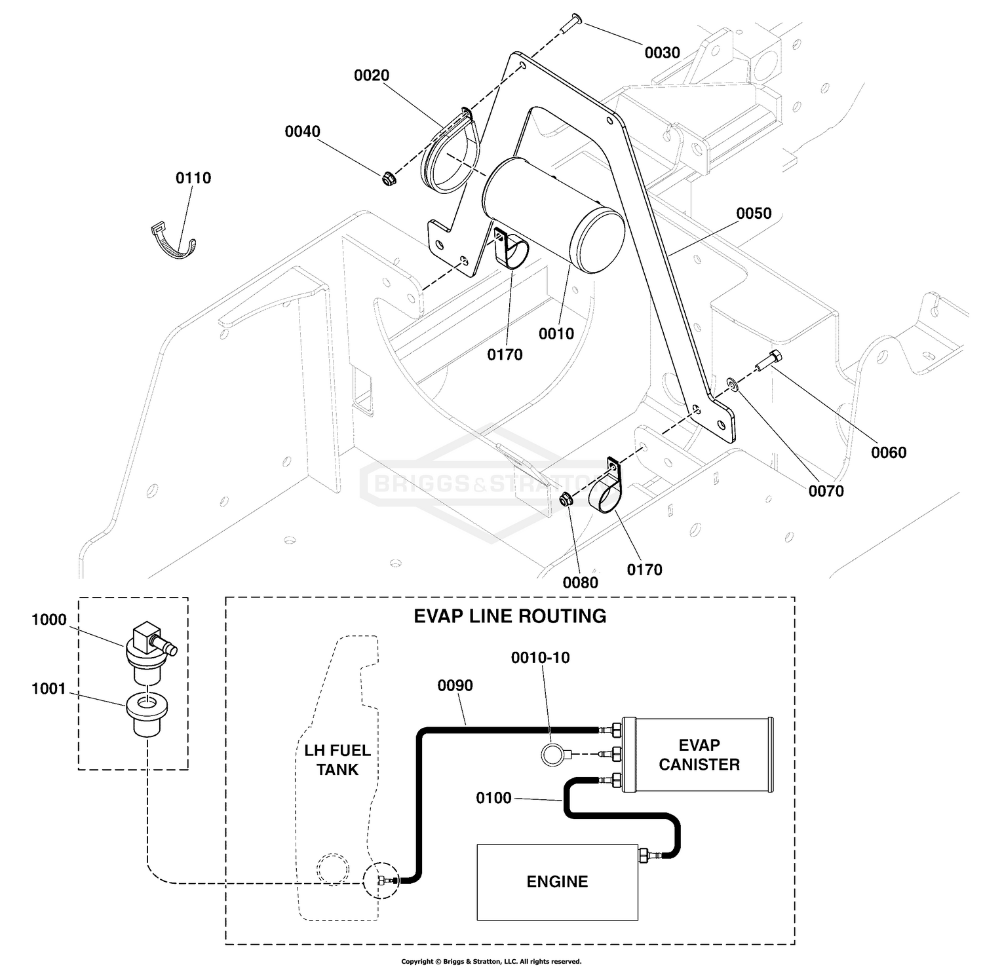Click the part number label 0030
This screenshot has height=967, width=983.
coord(662,52)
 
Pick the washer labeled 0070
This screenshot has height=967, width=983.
coord(733,383)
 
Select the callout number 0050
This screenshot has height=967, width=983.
coord(754,214)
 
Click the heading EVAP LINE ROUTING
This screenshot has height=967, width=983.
coord(510,616)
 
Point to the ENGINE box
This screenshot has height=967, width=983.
coord(557,882)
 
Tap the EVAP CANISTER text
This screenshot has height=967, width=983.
coord(699,755)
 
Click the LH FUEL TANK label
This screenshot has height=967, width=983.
coord(337,760)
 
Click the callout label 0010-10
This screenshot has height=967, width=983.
coord(541,658)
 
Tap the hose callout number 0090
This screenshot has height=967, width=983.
coord(455,686)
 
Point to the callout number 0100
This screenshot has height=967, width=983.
coord(493,799)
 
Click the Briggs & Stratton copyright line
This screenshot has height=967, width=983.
coord(491,962)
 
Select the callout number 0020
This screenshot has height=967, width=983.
coord(372,76)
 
